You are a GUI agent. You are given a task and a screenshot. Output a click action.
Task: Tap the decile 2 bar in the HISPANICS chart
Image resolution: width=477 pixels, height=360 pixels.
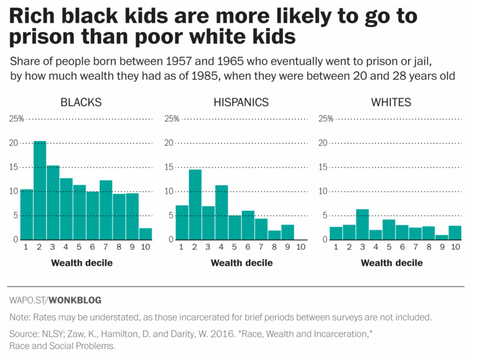pos(196,204)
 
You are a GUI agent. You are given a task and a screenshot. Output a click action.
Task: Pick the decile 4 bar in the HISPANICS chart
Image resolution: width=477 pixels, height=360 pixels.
pos(221,212)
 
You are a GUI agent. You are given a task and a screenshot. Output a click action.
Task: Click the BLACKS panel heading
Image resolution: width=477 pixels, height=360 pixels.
pos(81,103)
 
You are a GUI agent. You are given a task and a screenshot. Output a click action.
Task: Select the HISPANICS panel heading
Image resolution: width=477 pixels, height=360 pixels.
pos(241,103)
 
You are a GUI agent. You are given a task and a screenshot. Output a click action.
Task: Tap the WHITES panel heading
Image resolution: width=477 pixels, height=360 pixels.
pos(391,103)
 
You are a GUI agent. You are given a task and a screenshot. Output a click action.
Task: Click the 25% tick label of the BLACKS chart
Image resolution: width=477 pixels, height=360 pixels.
pos(16,119)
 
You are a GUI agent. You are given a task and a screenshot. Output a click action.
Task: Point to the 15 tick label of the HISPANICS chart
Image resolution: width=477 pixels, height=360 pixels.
pos(168,167)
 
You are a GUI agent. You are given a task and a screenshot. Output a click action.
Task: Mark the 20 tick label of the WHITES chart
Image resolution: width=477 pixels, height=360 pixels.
pos(323,143)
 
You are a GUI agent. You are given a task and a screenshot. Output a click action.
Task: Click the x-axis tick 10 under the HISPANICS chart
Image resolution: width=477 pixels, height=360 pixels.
pos(300,247)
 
